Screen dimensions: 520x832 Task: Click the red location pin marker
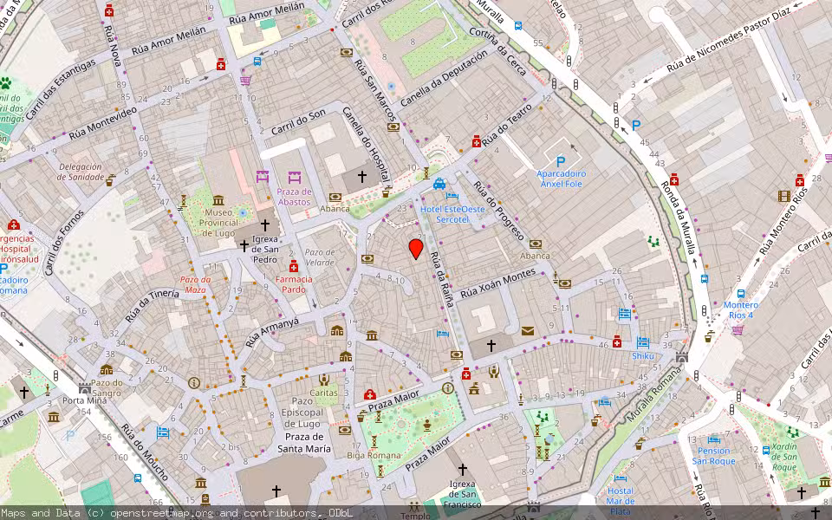[x=416, y=249]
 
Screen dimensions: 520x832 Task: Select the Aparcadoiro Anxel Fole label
[x=561, y=179]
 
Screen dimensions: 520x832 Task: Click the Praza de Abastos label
[x=294, y=197]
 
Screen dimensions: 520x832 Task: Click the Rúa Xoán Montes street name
[x=497, y=285]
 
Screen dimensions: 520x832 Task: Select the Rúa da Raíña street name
[x=442, y=277]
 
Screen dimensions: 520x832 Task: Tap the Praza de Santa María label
[x=303, y=444]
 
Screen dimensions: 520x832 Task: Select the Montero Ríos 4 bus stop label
[x=740, y=309]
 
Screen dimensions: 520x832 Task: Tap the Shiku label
[x=642, y=355]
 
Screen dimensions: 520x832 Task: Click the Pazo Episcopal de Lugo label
[x=302, y=413]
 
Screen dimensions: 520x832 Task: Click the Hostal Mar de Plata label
[x=620, y=501]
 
